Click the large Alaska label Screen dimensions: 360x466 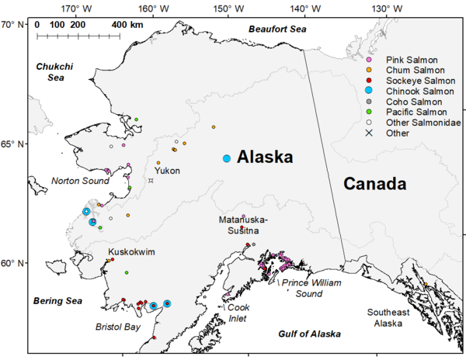[x=265, y=157]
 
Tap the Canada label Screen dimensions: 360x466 [x=376, y=185]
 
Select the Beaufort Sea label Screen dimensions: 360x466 [x=278, y=29]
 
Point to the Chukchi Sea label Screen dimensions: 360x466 [x=54, y=72]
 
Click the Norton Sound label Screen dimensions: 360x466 [x=80, y=181]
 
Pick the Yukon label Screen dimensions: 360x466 [x=168, y=170]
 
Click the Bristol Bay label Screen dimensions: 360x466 [x=117, y=327]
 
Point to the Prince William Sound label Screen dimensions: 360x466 [x=311, y=289]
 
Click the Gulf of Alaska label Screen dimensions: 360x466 [x=309, y=334]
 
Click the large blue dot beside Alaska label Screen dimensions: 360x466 [x=227, y=158]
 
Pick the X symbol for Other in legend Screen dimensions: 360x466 [x=370, y=133]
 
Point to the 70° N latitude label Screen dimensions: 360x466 [x=13, y=24]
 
